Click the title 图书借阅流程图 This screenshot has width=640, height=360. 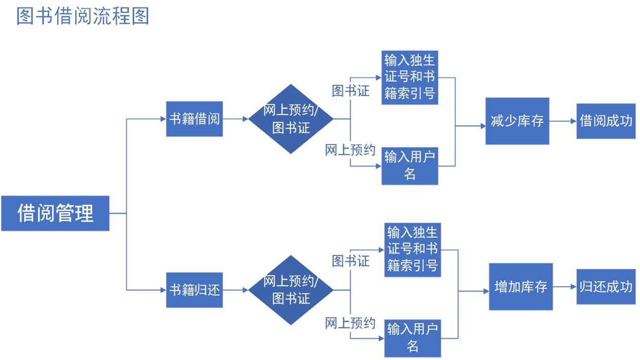point(83,16)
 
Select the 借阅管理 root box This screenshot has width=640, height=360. point(55,213)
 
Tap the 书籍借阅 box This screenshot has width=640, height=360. point(195,119)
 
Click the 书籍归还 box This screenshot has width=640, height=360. point(195,290)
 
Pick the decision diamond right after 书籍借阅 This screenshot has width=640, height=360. point(291,119)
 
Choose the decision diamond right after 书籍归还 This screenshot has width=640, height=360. point(291,290)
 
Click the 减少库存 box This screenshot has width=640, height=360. point(517,121)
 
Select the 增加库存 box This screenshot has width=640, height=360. point(521,287)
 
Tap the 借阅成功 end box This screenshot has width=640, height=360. point(606,121)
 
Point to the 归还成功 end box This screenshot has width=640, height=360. point(606,287)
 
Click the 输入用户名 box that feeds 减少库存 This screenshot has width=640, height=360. point(410,166)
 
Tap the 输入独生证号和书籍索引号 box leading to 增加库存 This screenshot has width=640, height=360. point(413,249)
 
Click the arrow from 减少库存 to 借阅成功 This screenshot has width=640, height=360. point(563,121)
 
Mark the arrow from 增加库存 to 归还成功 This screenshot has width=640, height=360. point(565,287)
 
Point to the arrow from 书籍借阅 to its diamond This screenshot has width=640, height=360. point(236,119)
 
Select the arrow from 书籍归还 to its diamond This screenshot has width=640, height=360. point(236,290)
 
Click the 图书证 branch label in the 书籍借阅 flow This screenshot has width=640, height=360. point(351,91)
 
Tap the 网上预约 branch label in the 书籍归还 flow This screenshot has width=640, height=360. point(350,323)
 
